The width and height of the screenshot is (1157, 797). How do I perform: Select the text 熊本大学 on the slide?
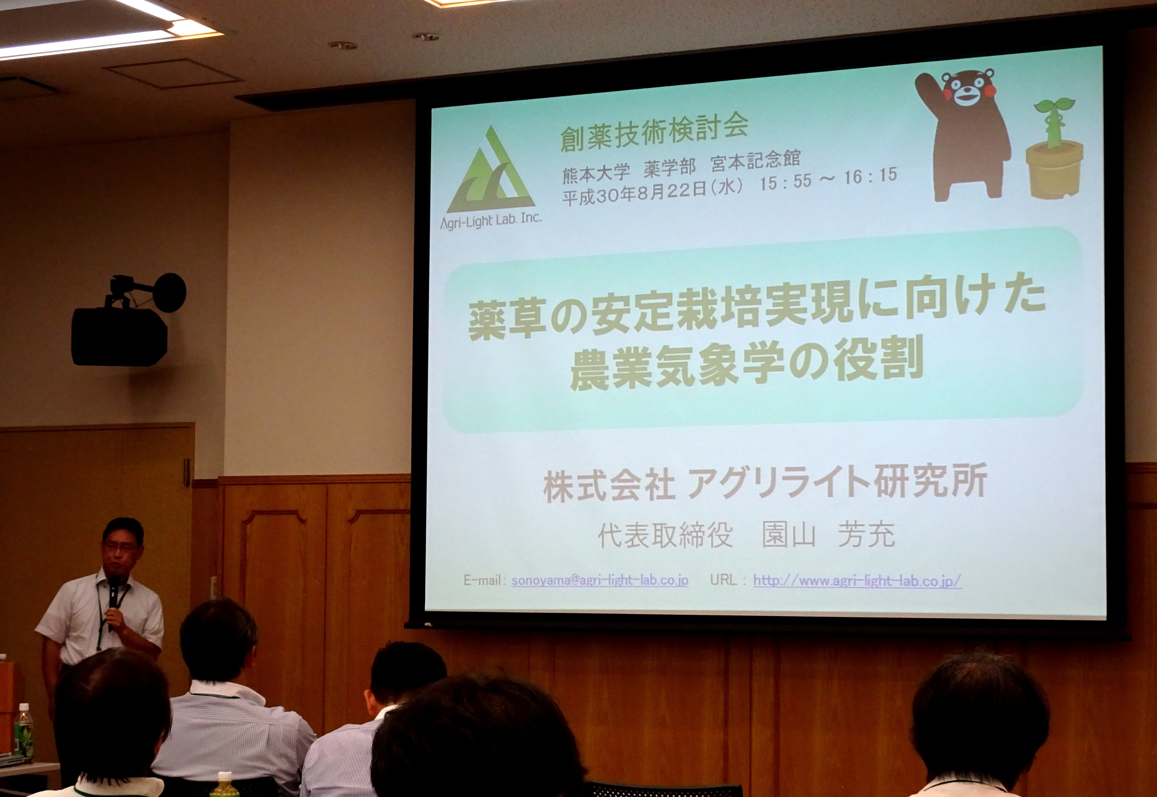(596, 173)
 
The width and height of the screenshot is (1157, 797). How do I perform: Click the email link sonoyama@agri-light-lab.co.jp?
(599, 580)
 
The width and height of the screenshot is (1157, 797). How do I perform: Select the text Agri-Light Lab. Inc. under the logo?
(490, 221)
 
